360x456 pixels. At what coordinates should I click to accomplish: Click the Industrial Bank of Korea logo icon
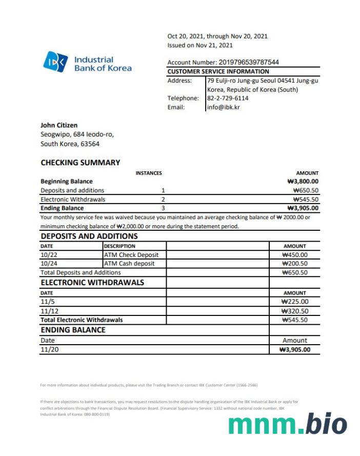[55, 63]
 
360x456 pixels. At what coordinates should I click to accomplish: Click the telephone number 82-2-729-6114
[228, 98]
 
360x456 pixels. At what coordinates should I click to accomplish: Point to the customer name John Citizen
[59, 125]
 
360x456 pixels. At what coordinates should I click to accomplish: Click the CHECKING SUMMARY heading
[80, 163]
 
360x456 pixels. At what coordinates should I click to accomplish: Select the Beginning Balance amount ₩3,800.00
[303, 181]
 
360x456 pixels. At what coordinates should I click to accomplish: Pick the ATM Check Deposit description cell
[131, 254]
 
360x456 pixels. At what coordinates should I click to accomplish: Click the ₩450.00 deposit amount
[295, 254]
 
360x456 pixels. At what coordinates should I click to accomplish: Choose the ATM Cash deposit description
[129, 264]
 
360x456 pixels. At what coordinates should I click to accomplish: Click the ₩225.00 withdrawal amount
[295, 302]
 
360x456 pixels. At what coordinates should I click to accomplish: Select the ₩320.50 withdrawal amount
[295, 311]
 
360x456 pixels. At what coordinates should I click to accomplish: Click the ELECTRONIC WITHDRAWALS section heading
[92, 283]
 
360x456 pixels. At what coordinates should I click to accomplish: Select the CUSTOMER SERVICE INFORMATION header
[218, 71]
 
